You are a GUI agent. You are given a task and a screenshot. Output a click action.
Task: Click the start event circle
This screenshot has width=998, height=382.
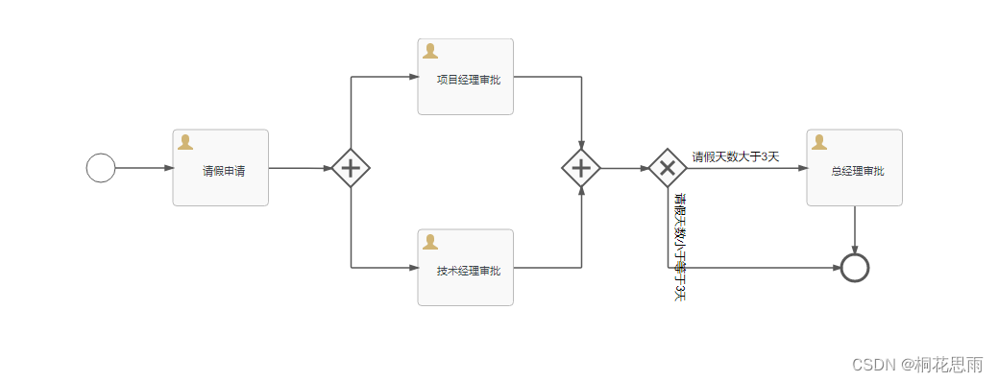click(x=101, y=168)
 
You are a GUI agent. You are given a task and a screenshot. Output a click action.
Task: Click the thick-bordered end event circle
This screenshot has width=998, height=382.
click(x=854, y=268)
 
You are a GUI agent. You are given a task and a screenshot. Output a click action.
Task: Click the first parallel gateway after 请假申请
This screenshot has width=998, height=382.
click(x=351, y=168)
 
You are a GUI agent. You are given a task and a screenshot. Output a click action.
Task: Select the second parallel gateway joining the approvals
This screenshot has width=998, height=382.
click(x=581, y=168)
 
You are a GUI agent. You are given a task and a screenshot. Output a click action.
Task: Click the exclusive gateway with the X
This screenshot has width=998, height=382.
click(x=668, y=168)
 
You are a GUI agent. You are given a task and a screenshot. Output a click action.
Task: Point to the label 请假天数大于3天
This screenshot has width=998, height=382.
click(x=736, y=156)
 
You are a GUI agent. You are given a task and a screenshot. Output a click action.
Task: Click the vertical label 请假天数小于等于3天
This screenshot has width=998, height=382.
click(x=680, y=248)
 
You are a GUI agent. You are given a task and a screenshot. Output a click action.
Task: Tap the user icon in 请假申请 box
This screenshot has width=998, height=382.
click(x=185, y=142)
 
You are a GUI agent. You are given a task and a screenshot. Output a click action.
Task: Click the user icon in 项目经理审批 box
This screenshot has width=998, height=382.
click(x=430, y=51)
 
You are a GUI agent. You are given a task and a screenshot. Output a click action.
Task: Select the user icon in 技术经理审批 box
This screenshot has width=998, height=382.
click(x=430, y=242)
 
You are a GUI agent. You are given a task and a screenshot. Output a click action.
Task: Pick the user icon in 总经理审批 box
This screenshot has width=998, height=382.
click(x=819, y=142)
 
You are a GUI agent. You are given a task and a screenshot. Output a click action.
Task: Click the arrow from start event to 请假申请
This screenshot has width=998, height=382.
click(x=143, y=168)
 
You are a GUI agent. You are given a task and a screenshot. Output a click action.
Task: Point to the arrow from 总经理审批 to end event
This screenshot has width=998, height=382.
click(x=854, y=230)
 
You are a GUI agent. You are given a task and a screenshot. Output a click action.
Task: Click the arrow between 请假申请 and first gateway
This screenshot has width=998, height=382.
click(x=300, y=168)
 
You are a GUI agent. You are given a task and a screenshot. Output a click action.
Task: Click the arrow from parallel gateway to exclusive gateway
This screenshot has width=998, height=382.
click(x=624, y=168)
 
